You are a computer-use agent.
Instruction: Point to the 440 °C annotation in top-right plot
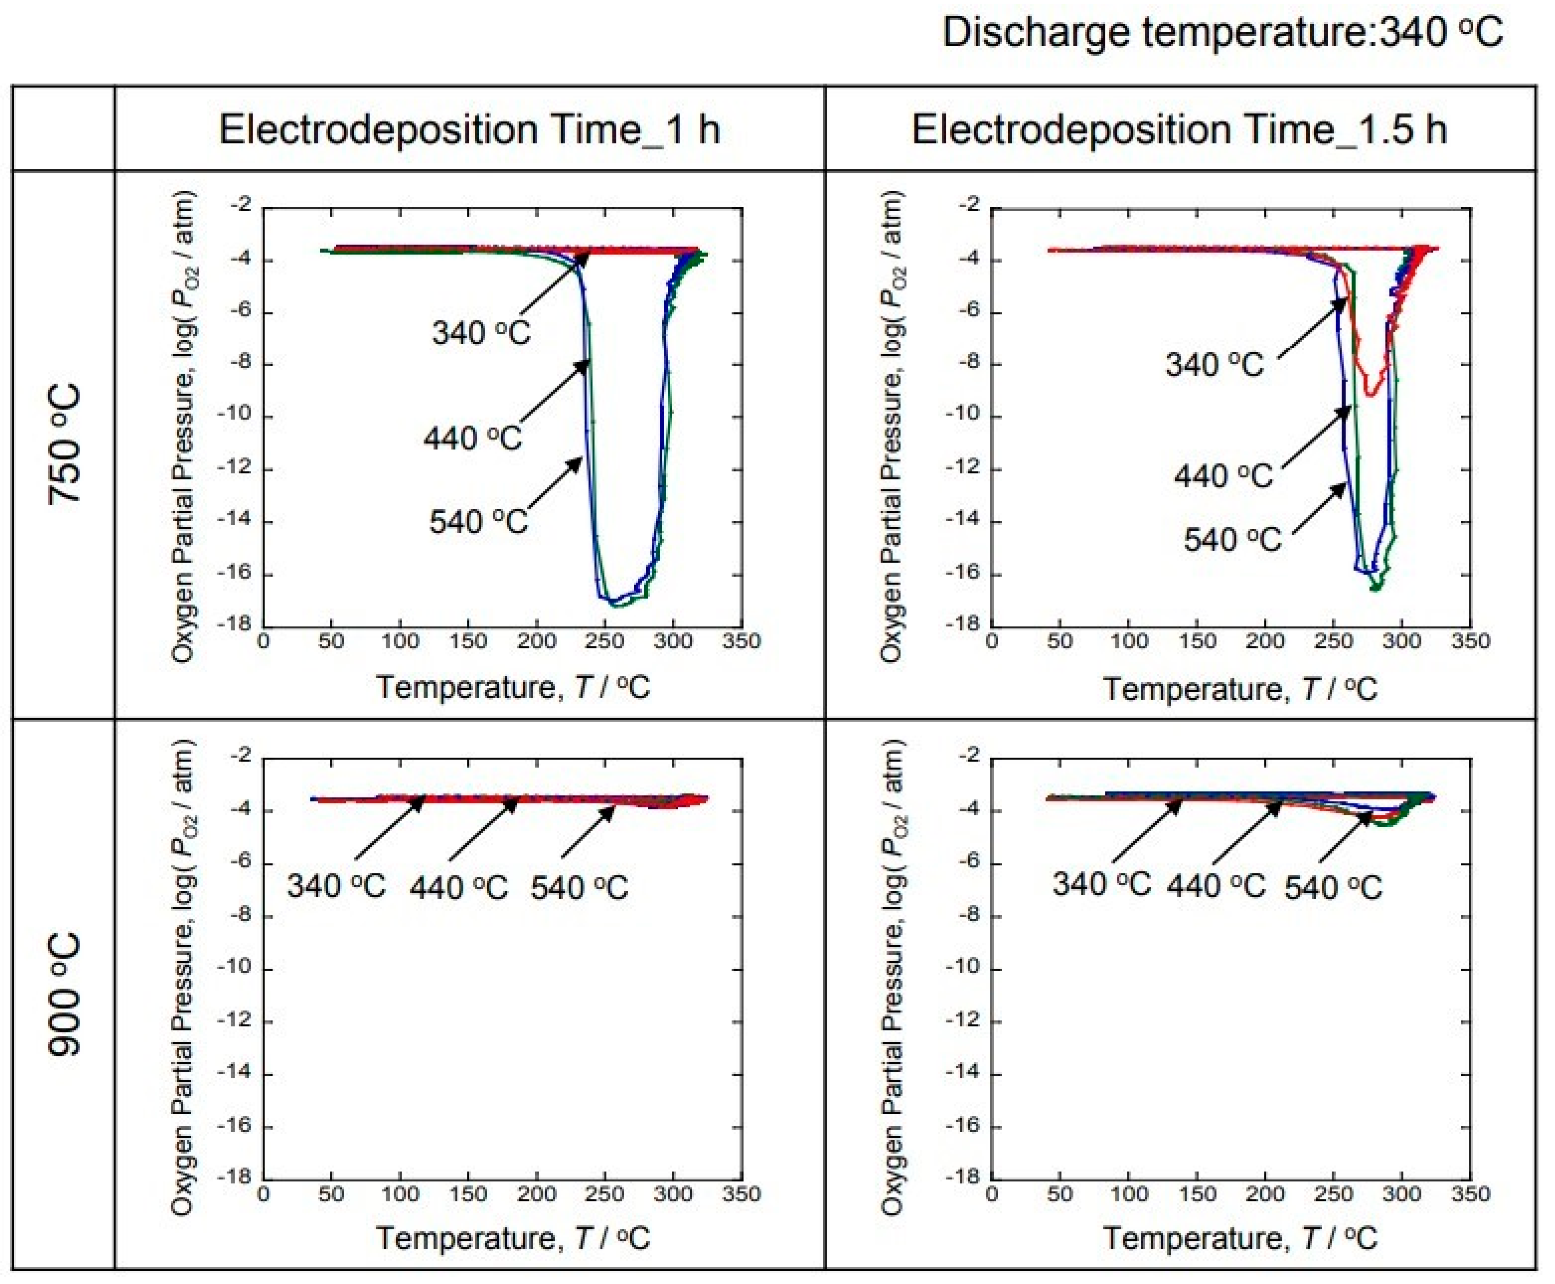[x=1223, y=475]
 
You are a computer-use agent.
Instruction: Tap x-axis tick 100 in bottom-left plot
[x=399, y=1194]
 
